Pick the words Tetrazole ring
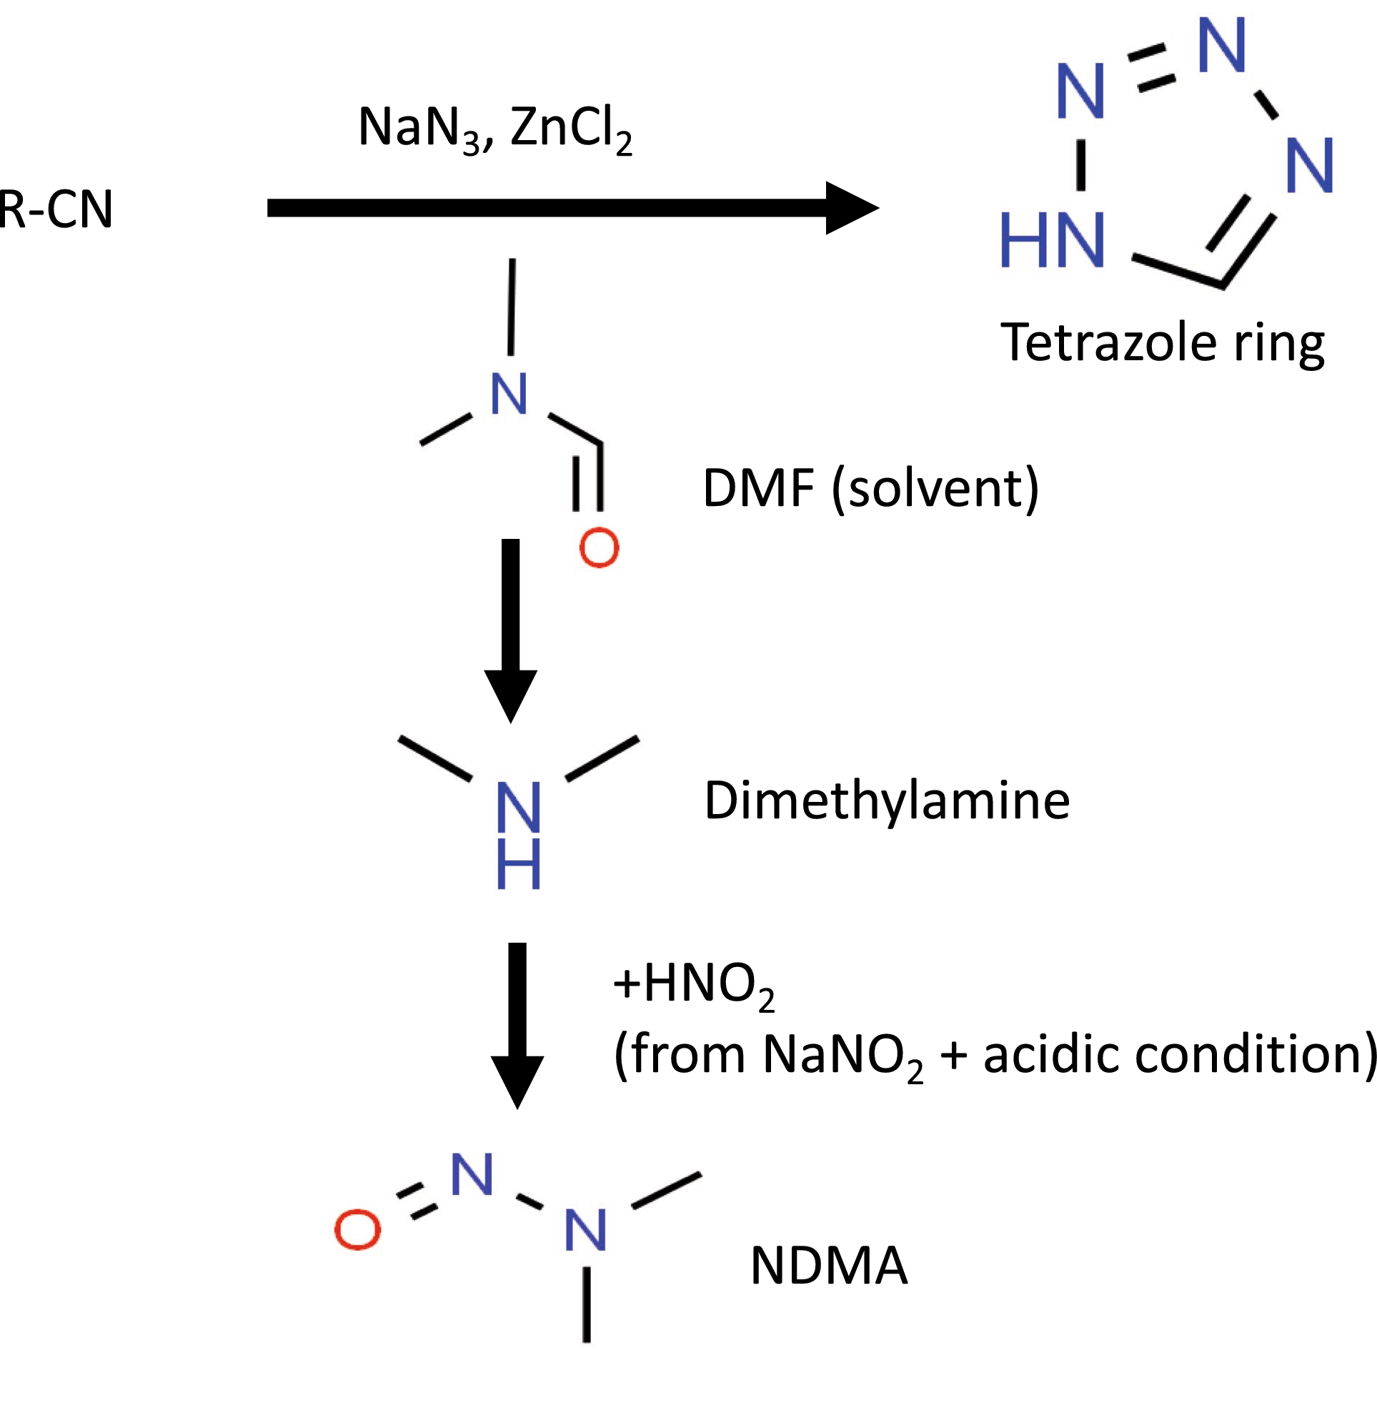[x=1162, y=342]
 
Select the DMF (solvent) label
[x=870, y=488]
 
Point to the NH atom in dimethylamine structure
[x=518, y=835]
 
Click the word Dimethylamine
[x=886, y=800]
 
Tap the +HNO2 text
[x=694, y=986]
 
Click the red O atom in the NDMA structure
[x=357, y=1231]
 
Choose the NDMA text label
[x=828, y=1266]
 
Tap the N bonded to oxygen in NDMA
[x=472, y=1175]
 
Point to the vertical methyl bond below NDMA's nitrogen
[x=587, y=1304]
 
